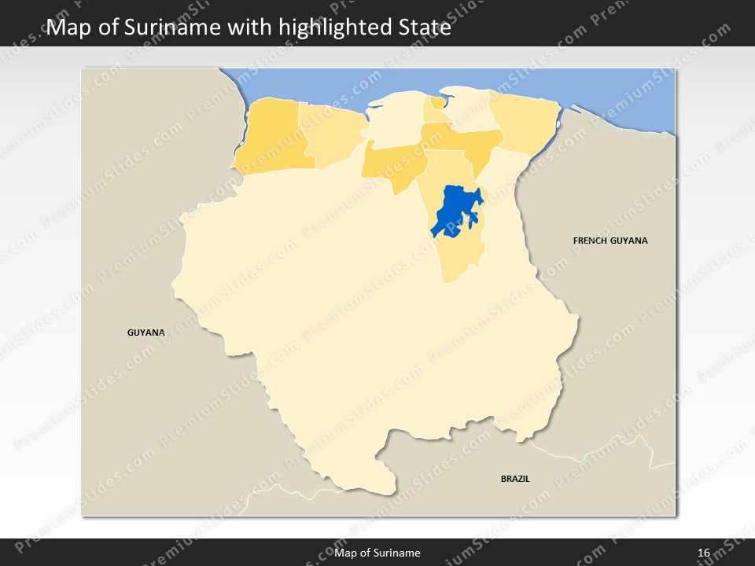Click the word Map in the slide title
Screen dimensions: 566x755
point(66,28)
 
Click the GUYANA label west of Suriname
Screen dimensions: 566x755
point(146,333)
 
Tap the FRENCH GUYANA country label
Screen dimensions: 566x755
point(610,241)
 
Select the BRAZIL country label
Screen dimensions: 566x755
point(515,478)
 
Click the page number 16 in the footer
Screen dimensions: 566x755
point(703,553)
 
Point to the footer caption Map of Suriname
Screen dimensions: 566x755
point(377,553)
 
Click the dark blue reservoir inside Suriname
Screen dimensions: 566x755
point(454,211)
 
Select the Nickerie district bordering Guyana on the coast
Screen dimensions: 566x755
point(271,138)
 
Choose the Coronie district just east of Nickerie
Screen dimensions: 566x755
point(334,134)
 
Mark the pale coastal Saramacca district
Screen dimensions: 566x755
point(393,126)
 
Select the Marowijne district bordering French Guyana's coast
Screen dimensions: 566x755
point(523,126)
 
